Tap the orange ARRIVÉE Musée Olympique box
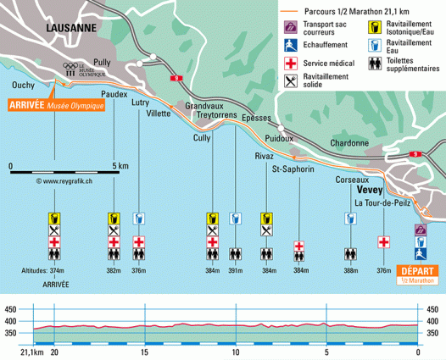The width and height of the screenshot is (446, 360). click(x=55, y=105)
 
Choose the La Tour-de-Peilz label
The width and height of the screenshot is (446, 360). click(x=382, y=204)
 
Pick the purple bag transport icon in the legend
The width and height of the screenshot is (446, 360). click(x=291, y=27)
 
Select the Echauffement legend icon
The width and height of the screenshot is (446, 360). click(x=291, y=46)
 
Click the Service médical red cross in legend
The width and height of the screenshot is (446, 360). click(x=291, y=64)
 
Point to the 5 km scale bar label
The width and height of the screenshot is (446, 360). click(x=120, y=166)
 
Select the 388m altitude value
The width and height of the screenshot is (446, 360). click(x=350, y=271)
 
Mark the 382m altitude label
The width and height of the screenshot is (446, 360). click(x=113, y=271)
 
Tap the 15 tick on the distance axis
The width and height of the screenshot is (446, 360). click(x=146, y=352)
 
